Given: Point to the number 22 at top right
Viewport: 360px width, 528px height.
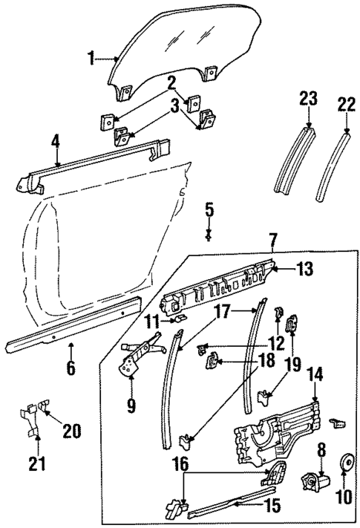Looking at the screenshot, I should tap(346, 105).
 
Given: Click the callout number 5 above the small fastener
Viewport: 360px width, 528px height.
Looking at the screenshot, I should tap(209, 209).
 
